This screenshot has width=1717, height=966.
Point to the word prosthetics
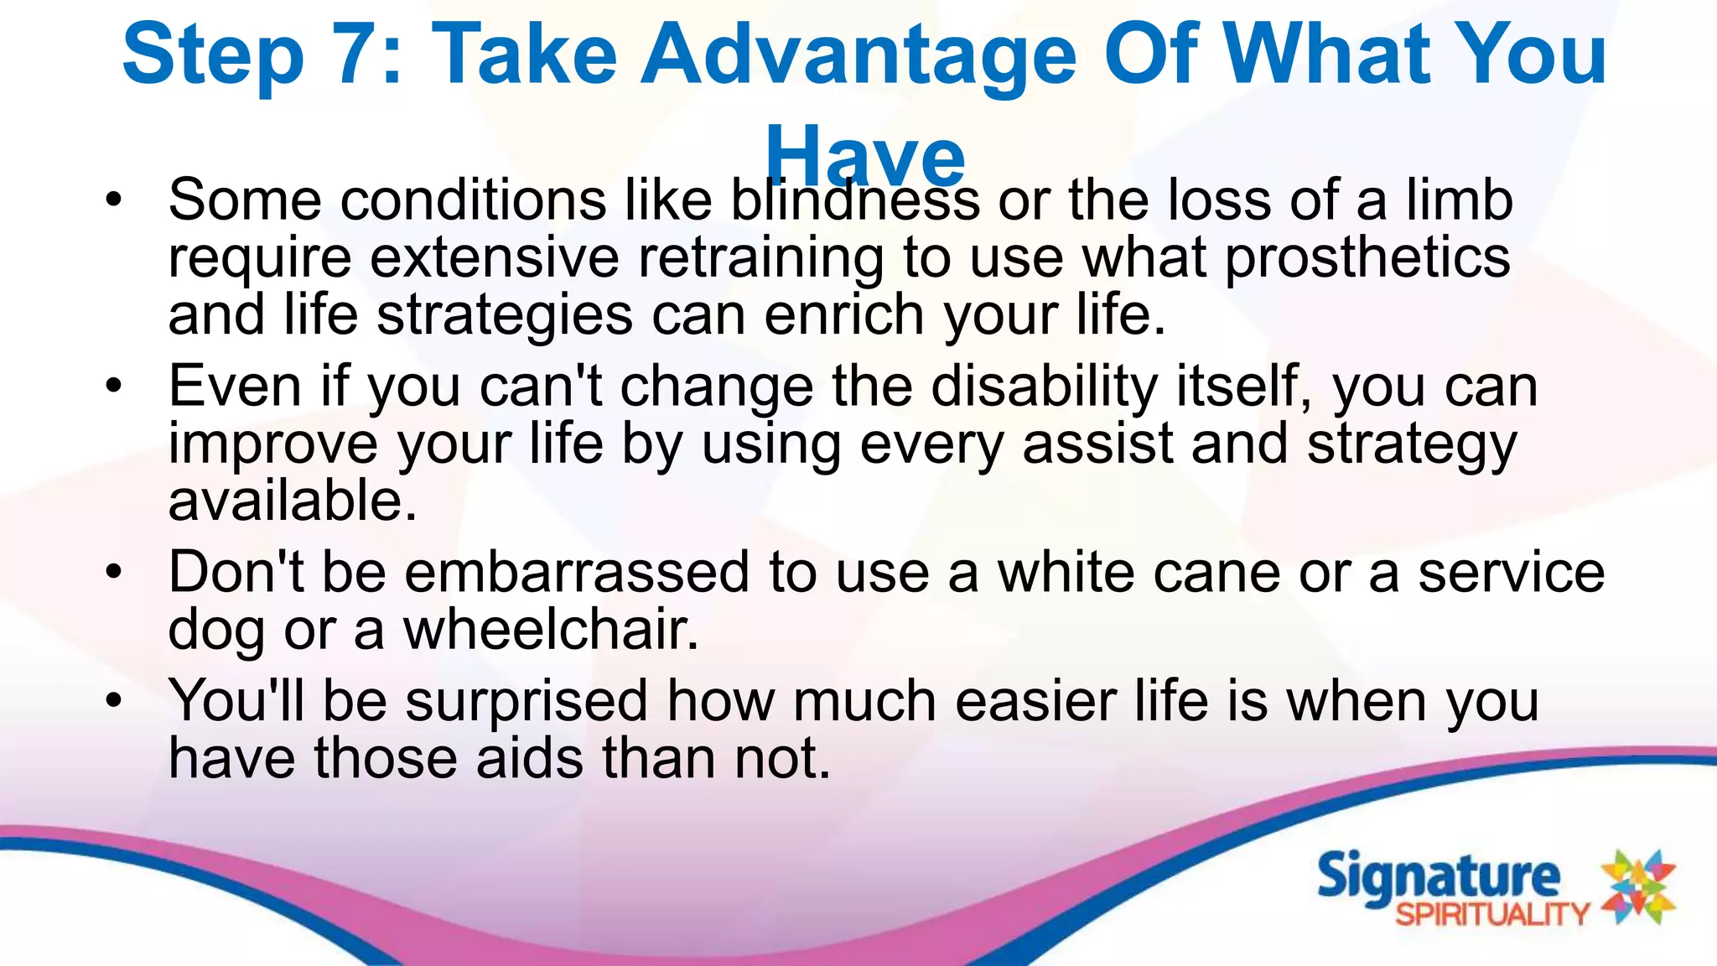point(1367,257)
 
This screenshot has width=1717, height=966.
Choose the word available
point(292,501)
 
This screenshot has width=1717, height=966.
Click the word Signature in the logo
point(1438,877)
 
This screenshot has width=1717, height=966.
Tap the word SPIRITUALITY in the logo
point(1492,914)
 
